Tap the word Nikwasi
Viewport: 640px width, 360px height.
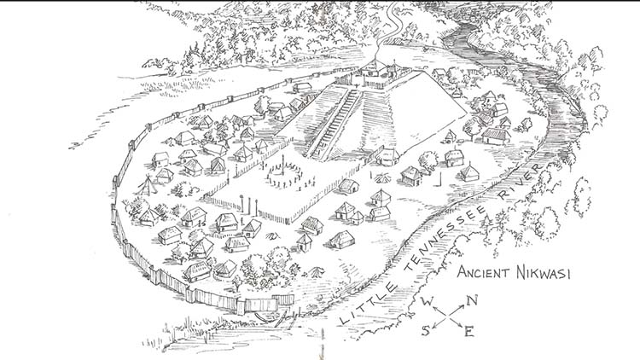coord(547,274)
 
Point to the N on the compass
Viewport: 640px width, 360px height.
coord(471,299)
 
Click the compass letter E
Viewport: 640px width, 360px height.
coord(468,331)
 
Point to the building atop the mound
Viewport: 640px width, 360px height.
coord(375,75)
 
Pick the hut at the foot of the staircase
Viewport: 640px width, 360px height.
coord(389,156)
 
